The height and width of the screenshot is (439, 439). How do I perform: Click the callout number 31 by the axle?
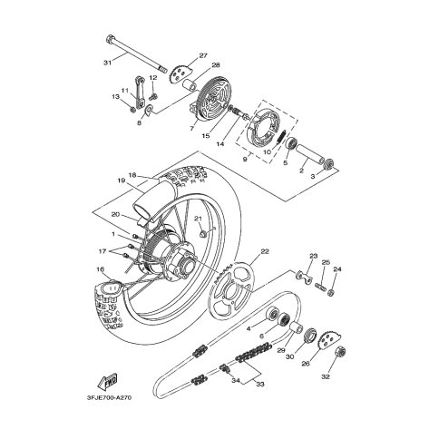tap(108, 63)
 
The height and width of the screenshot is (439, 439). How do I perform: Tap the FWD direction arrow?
tap(108, 381)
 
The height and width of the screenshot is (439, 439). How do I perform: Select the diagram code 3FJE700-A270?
tap(108, 397)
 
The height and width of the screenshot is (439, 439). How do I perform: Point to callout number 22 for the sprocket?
tap(265, 251)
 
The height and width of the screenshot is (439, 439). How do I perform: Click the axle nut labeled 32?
tap(341, 351)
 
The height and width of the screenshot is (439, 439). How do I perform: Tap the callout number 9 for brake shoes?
tap(245, 158)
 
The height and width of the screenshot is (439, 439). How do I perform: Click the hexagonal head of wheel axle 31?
tap(110, 40)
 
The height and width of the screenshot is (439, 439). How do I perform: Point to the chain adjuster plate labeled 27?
tap(180, 73)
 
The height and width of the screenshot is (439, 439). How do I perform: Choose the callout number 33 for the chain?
tap(260, 384)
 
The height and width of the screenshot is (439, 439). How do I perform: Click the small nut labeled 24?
tap(331, 292)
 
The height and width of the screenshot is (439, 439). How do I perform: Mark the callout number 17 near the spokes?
tap(102, 251)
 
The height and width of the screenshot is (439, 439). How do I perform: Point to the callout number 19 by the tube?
tap(122, 180)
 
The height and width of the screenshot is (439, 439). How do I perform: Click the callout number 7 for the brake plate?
tap(191, 129)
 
